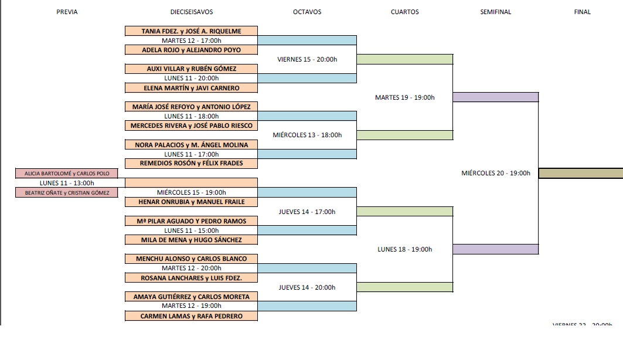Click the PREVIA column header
67,12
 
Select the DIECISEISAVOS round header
192,12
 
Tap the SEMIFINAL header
495,12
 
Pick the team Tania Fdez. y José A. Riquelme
192,31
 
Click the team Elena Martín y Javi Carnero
192,88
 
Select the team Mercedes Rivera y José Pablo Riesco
192,125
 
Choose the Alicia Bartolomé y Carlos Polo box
67,173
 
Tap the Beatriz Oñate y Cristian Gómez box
67,192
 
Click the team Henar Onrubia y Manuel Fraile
192,202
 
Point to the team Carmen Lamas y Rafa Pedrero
192,316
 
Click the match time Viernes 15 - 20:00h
307,59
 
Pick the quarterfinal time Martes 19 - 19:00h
405,97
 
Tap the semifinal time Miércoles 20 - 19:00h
496,173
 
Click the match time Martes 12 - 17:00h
192,40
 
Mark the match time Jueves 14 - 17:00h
307,212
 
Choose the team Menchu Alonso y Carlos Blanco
192,259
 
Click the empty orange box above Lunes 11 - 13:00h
192,182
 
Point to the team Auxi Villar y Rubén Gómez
192,69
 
